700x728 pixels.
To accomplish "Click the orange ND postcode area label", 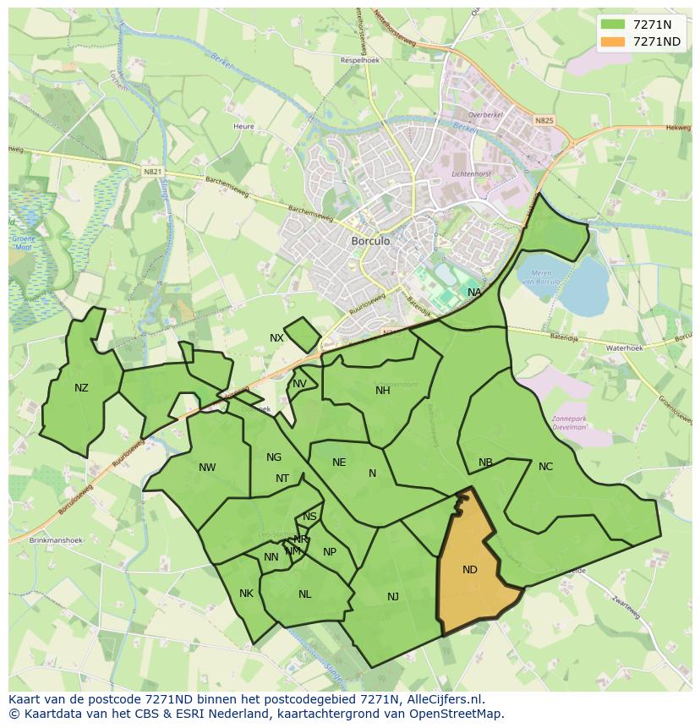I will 470,570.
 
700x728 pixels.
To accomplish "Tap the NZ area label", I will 81,388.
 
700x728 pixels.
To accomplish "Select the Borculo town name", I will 370,241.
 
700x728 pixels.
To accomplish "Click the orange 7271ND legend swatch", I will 613,41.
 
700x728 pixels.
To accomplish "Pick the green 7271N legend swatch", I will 613,25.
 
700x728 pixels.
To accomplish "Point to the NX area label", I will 276,338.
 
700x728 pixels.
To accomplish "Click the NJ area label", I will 393,597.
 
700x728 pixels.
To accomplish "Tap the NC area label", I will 545,467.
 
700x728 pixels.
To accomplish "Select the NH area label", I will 383,391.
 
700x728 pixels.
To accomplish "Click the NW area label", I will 207,468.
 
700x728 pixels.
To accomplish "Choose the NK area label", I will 246,594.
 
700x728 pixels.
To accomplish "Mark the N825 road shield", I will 544,121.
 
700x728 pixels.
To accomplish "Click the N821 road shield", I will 152,172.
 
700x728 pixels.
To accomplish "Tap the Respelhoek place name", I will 359,61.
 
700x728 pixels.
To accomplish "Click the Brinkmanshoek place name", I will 52,539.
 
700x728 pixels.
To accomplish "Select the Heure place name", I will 243,127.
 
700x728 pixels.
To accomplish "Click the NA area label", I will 474,293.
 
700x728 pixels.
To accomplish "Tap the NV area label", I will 299,384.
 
